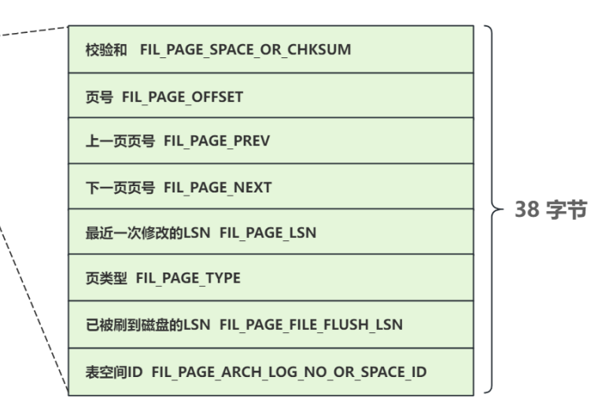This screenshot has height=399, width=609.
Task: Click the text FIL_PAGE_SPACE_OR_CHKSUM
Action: click(245, 50)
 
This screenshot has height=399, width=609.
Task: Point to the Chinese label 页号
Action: click(97, 97)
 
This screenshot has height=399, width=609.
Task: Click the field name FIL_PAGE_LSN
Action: click(271, 232)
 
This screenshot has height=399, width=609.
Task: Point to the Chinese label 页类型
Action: click(103, 279)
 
